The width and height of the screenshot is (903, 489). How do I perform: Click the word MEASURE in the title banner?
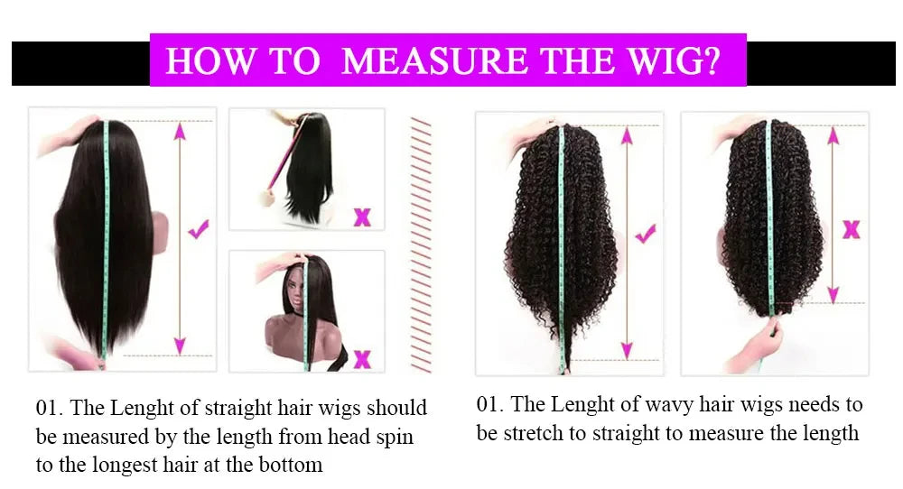[435, 60]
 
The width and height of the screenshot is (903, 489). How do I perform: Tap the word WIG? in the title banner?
[674, 60]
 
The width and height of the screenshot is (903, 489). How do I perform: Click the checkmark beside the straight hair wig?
[199, 229]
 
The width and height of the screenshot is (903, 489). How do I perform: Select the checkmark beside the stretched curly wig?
[646, 234]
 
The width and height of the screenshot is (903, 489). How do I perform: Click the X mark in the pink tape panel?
[362, 217]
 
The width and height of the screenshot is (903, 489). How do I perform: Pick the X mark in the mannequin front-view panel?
[362, 359]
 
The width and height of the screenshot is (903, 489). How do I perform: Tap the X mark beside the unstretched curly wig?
[852, 229]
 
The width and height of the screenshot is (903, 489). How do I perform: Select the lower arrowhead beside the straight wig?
[181, 346]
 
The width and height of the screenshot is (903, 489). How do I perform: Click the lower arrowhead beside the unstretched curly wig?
[833, 294]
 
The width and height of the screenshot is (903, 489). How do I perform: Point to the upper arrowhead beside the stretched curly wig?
[628, 135]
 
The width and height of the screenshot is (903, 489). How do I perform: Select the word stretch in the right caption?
[534, 433]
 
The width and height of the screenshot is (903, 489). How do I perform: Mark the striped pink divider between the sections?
[421, 244]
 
